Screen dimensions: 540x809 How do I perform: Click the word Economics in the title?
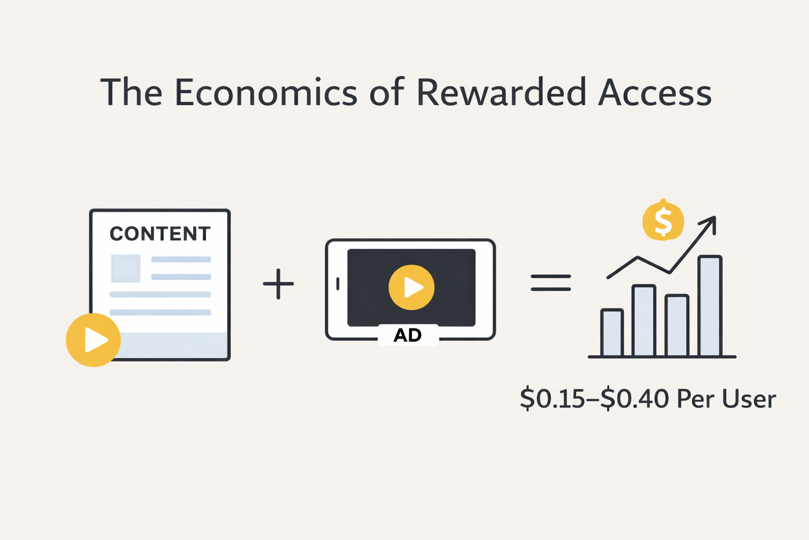click(266, 93)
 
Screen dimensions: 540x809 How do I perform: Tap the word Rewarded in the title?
click(501, 93)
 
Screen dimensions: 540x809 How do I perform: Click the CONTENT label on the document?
click(160, 234)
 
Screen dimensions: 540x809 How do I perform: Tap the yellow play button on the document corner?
click(93, 340)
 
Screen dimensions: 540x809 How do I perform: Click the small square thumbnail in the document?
click(125, 268)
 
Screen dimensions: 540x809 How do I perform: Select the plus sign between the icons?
click(278, 284)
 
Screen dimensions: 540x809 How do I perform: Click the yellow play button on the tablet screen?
click(411, 287)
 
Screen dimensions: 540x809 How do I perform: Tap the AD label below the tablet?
click(408, 335)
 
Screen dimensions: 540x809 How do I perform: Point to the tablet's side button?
click(338, 284)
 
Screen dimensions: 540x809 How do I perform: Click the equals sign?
click(550, 283)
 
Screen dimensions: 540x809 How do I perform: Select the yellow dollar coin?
click(663, 221)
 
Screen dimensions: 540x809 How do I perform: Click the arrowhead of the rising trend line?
click(711, 221)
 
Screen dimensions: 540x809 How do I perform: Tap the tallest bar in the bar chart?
click(709, 306)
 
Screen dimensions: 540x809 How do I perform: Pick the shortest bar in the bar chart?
click(612, 332)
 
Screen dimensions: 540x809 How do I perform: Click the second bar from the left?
click(644, 320)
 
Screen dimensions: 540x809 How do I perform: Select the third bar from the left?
click(677, 325)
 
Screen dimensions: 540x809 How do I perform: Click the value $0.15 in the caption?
click(551, 399)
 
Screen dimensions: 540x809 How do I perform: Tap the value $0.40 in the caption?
click(635, 399)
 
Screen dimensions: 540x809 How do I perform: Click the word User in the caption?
click(748, 399)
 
